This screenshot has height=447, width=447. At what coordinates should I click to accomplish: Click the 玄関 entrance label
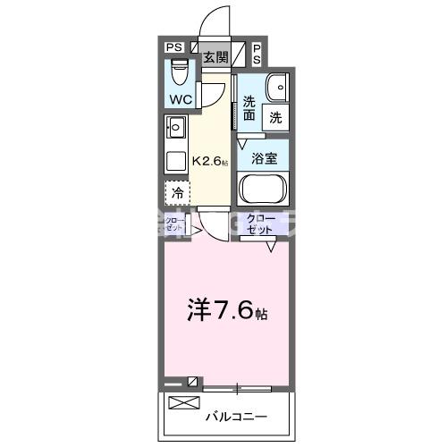point(215,57)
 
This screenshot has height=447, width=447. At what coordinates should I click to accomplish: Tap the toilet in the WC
point(179,68)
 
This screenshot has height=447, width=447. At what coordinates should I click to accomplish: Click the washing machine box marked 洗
point(276,115)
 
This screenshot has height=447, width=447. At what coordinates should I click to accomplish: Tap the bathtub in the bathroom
point(263,190)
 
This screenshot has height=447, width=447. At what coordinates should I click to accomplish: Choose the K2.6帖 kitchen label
point(211,162)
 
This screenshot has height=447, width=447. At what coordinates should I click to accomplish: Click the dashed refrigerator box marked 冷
point(177,192)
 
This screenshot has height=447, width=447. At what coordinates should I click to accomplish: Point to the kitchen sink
point(174,125)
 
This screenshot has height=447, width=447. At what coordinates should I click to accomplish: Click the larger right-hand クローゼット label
point(260,223)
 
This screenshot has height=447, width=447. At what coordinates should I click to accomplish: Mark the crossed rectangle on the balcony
point(184,402)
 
